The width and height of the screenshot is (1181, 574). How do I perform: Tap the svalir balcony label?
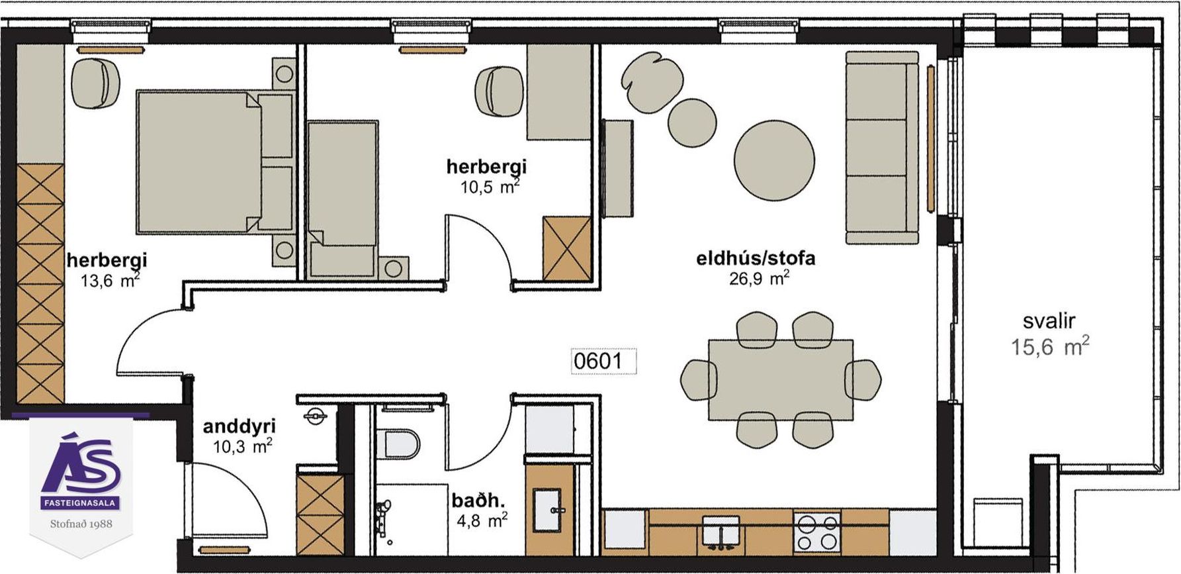pos(1049,322)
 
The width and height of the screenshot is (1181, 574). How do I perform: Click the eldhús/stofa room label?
pos(756,258)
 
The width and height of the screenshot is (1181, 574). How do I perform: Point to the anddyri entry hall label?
pos(239,426)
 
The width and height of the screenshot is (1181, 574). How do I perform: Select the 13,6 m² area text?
pos(110,280)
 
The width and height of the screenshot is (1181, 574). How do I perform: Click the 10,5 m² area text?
pos(490,186)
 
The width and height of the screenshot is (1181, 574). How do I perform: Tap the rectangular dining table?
pos(781,379)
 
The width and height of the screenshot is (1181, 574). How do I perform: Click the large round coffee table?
pos(774,160)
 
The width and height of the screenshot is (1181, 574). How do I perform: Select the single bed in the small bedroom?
pos(343,199)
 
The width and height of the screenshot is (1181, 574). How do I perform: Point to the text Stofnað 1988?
pos(81,524)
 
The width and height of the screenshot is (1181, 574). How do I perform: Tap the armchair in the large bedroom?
pos(95,83)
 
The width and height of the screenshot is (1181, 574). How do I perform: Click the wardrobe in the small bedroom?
pos(566,248)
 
